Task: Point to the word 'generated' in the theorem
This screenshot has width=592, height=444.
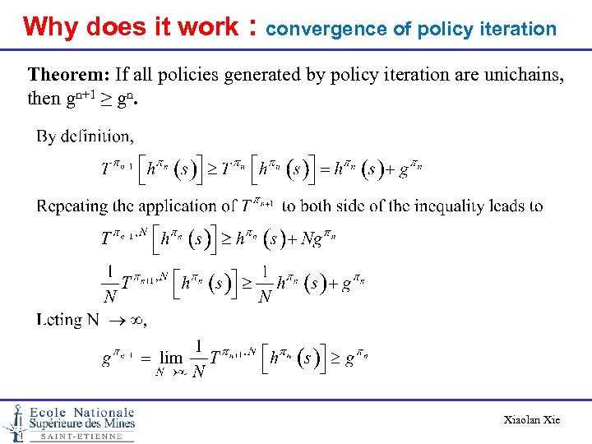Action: click(245, 75)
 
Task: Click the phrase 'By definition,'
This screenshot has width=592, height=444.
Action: click(85, 136)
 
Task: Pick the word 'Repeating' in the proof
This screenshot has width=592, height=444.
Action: click(74, 206)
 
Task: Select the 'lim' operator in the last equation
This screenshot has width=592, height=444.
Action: click(171, 358)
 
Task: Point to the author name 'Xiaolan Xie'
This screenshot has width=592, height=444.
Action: click(531, 420)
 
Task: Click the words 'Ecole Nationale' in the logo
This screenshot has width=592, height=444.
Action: click(81, 412)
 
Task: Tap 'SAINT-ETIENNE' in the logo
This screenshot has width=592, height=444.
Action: click(81, 437)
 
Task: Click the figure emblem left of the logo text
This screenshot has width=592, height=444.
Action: click(14, 422)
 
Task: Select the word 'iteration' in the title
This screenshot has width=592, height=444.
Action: click(522, 29)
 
